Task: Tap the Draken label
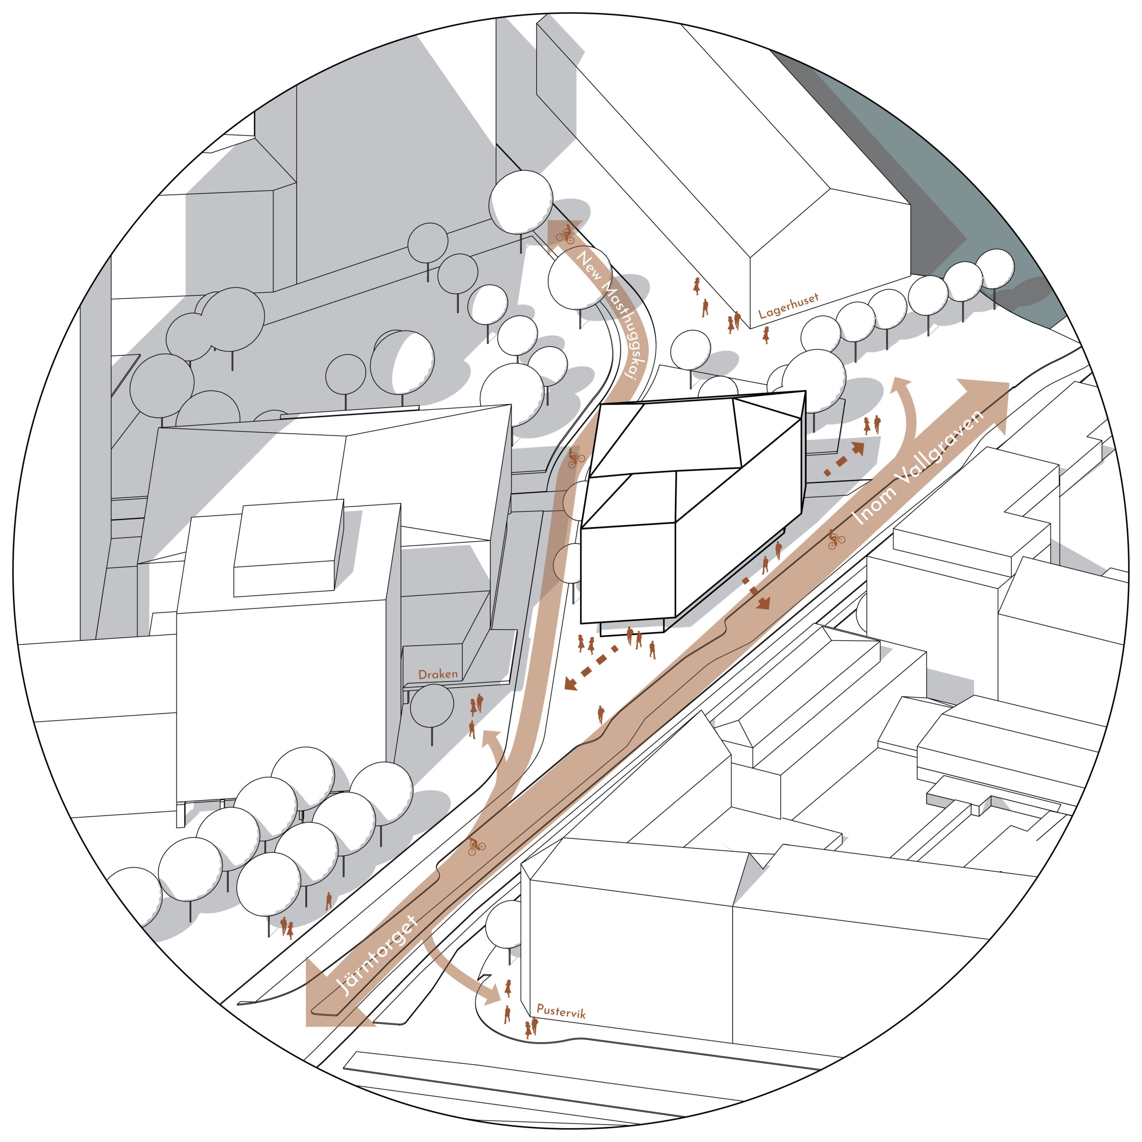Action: point(438,674)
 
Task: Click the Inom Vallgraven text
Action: point(917,468)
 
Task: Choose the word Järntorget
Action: point(377,955)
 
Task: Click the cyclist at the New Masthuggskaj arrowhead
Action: point(565,235)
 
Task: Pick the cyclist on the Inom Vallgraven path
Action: point(836,538)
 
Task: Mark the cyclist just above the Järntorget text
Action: point(476,845)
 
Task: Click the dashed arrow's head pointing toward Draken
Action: point(571,684)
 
